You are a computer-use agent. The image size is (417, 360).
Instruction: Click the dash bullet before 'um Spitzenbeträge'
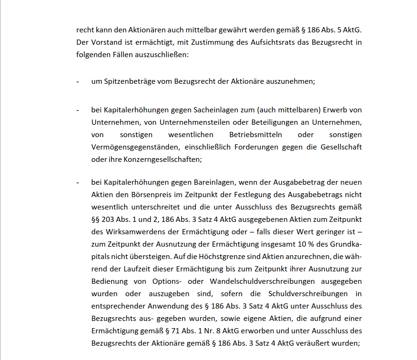(78, 81)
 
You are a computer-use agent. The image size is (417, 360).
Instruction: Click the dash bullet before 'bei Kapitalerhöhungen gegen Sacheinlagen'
(78, 110)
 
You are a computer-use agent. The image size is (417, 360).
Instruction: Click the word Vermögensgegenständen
(131, 147)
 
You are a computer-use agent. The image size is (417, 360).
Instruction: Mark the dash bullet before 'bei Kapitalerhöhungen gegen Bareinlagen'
(78, 182)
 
